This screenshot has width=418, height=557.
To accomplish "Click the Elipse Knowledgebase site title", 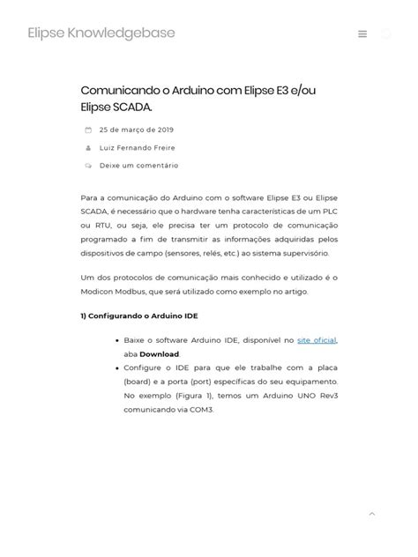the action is click(x=101, y=33).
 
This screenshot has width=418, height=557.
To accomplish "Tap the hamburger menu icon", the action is click(x=362, y=34).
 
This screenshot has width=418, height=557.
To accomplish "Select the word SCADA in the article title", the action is click(x=131, y=107).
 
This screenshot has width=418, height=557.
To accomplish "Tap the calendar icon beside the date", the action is click(x=88, y=130).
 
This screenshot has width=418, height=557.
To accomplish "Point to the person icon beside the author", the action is click(x=88, y=147).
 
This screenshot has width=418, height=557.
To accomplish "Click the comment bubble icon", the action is click(x=88, y=165).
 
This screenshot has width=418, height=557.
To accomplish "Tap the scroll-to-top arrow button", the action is click(x=371, y=513).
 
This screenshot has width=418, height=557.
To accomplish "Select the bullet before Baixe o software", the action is click(x=117, y=340).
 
